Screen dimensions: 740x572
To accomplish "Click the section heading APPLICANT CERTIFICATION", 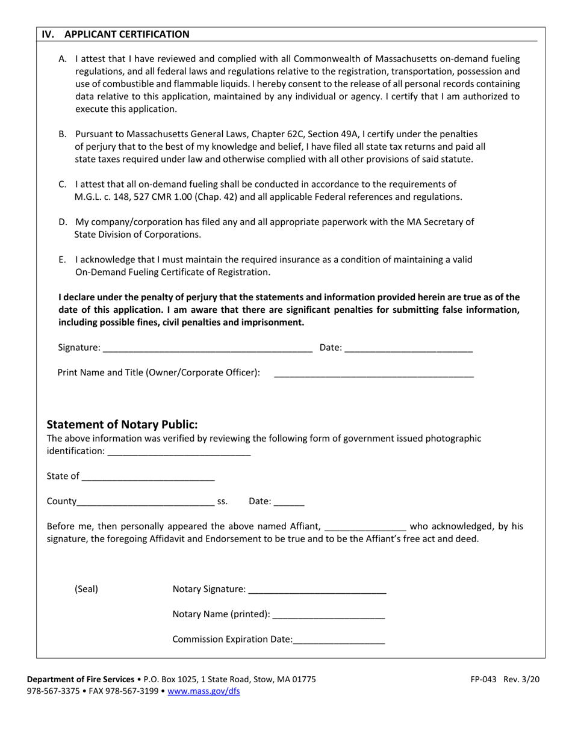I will click(126, 34).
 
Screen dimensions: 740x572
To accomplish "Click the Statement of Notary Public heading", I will click(122, 425).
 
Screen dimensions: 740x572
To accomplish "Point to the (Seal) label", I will click(86, 590).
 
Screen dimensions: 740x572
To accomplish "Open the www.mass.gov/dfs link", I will click(204, 691).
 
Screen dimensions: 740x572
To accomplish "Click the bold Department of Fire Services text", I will click(81, 679).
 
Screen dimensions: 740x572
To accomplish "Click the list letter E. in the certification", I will click(63, 260).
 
